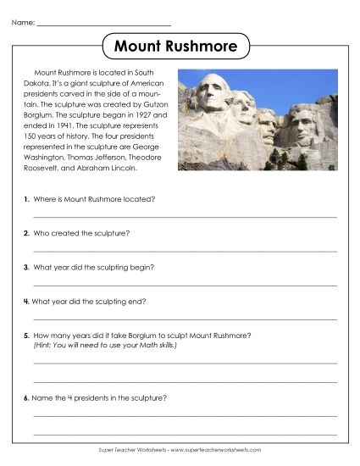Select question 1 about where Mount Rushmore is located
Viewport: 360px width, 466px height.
(x=93, y=198)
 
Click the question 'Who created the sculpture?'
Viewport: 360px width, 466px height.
(x=81, y=232)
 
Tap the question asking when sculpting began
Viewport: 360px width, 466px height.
(x=93, y=266)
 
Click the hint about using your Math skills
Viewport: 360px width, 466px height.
(x=105, y=345)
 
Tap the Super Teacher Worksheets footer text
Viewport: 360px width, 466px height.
(x=180, y=450)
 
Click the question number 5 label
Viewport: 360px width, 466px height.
(x=27, y=336)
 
